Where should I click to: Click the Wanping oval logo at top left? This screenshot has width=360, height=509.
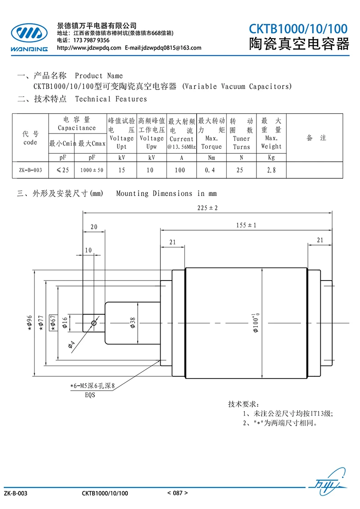pyautogui.click(x=29, y=33)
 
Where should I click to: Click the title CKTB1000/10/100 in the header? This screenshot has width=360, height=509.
pyautogui.click(x=298, y=29)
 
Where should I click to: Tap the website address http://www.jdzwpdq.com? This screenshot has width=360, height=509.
pyautogui.click(x=89, y=48)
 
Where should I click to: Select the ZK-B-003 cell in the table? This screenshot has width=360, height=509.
pyautogui.click(x=30, y=170)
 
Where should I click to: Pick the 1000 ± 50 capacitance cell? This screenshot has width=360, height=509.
pyautogui.click(x=92, y=170)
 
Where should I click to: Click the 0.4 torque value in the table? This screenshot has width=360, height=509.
pyautogui.click(x=210, y=170)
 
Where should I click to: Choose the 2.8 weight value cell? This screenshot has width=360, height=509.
pyautogui.click(x=271, y=170)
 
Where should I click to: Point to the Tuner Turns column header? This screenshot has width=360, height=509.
pyautogui.click(x=241, y=143)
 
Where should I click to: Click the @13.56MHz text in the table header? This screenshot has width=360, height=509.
pyautogui.click(x=181, y=147)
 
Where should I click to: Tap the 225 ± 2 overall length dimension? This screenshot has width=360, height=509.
pyautogui.click(x=207, y=208)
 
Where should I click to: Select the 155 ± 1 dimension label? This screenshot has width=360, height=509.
pyautogui.click(x=246, y=225)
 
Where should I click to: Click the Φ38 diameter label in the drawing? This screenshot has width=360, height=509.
pyautogui.click(x=133, y=323)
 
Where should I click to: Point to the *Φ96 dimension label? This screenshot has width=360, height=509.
pyautogui.click(x=30, y=323)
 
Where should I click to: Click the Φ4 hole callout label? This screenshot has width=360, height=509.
pyautogui.click(x=72, y=345)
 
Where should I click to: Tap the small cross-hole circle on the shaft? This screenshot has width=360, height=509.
pyautogui.click(x=94, y=323)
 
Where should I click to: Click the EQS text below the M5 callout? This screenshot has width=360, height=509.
pyautogui.click(x=90, y=395)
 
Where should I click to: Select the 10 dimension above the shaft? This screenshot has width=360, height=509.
pyautogui.click(x=88, y=250)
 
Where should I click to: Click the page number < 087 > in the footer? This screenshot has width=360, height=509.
pyautogui.click(x=177, y=493)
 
